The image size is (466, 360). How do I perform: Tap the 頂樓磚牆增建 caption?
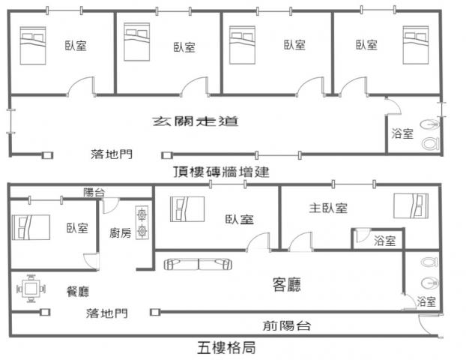pyautogui.click(x=220, y=172)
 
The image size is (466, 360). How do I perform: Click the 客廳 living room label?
pyautogui.click(x=287, y=283)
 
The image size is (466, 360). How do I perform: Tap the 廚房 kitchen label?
pyautogui.click(x=120, y=232)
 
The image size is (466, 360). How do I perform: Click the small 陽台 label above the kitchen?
pyautogui.click(x=94, y=192)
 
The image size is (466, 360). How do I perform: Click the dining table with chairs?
pyautogui.click(x=30, y=289)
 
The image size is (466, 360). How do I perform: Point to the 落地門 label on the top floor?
pyautogui.click(x=111, y=154)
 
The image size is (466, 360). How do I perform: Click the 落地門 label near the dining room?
pyautogui.click(x=106, y=313)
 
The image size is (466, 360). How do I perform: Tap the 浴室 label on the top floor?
pyautogui.click(x=402, y=135)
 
